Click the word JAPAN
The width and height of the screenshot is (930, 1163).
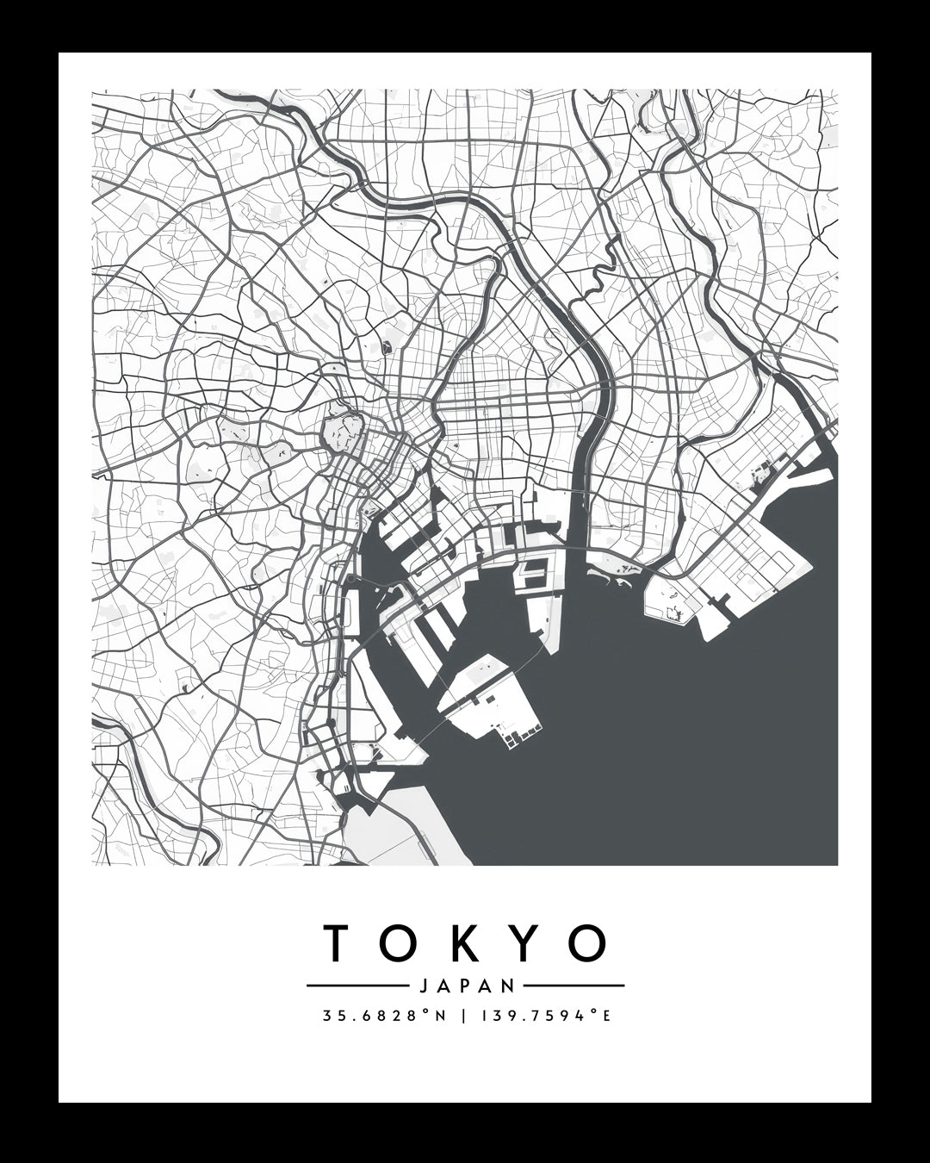(x=465, y=986)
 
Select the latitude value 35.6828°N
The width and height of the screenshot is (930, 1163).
(x=384, y=1016)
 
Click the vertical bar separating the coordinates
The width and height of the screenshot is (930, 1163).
(x=465, y=1016)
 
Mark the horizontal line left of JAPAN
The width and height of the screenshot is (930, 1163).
(x=356, y=986)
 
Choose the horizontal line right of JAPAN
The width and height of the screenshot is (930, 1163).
(x=573, y=986)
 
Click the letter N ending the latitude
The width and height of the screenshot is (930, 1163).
(x=441, y=1016)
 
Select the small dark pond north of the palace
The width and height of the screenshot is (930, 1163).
(x=386, y=347)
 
